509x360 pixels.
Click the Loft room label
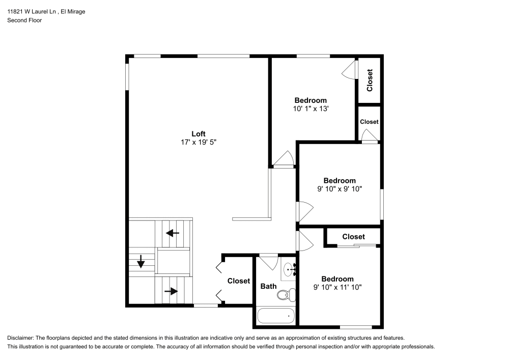[198, 134]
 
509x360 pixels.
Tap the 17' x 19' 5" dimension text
[198, 143]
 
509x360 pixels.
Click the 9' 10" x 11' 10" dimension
[337, 287]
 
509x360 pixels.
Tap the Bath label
[268, 287]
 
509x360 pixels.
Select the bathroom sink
[289, 269]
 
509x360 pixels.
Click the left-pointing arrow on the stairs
[173, 233]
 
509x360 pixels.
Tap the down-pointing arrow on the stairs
[141, 263]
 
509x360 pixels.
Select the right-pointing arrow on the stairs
[172, 291]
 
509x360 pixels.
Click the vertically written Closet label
[370, 80]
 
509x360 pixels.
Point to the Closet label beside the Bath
[238, 281]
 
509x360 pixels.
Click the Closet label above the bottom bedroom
[353, 237]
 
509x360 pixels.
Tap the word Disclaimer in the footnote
[20, 338]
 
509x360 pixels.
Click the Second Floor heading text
[24, 20]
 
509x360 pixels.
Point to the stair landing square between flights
[173, 262]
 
